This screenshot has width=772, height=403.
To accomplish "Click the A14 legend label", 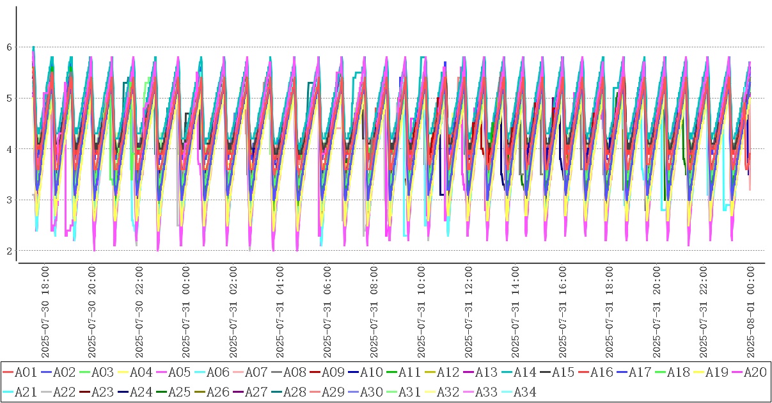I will (524, 372).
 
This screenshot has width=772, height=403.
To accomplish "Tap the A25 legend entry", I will (178, 391).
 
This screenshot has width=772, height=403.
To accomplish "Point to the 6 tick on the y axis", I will (10, 47).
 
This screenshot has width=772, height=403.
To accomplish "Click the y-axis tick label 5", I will (10, 98).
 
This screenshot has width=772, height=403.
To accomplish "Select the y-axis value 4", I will (10, 149).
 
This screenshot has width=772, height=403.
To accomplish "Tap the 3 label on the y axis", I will (10, 200).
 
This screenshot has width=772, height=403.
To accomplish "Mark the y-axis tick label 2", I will (10, 251).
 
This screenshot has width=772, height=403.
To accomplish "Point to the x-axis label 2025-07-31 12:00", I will (469, 313).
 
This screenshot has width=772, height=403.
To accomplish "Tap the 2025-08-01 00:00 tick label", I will (751, 313).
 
